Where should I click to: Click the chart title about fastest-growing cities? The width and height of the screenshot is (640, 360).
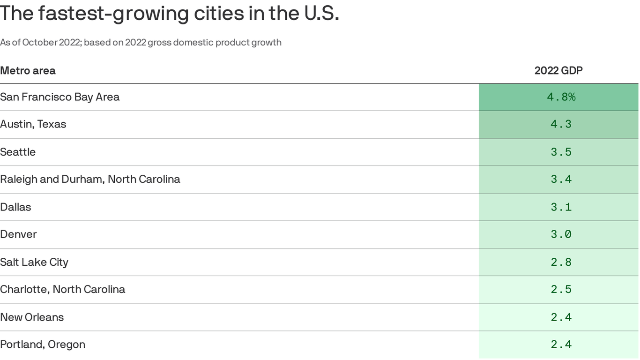[169, 13]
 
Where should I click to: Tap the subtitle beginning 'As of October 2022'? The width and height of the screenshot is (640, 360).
[141, 43]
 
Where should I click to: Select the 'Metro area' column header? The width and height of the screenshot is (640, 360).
[28, 71]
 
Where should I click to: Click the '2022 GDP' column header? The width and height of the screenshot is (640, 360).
[558, 71]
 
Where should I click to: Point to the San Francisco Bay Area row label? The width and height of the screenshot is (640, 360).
[60, 97]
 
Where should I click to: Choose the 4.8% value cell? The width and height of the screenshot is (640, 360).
[561, 97]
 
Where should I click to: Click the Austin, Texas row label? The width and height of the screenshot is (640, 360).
[33, 124]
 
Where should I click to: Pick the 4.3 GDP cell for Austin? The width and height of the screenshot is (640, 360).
[561, 124]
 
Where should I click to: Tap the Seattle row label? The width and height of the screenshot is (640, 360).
[18, 152]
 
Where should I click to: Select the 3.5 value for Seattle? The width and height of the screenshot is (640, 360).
[561, 152]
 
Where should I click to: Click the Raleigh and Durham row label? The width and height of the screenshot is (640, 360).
[90, 179]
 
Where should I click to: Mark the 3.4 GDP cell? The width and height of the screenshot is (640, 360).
[561, 179]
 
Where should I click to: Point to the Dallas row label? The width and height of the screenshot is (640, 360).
[15, 207]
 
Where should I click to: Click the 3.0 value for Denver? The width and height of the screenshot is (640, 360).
[561, 234]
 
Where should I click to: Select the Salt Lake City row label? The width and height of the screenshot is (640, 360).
[34, 262]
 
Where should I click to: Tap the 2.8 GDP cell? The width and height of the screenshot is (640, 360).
[561, 262]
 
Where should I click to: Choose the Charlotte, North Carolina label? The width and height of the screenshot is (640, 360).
[62, 289]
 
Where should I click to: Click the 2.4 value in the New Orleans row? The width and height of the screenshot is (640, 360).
[561, 317]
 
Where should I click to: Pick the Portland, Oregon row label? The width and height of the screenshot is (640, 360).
[43, 345]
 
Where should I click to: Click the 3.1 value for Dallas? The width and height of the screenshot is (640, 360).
[561, 207]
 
